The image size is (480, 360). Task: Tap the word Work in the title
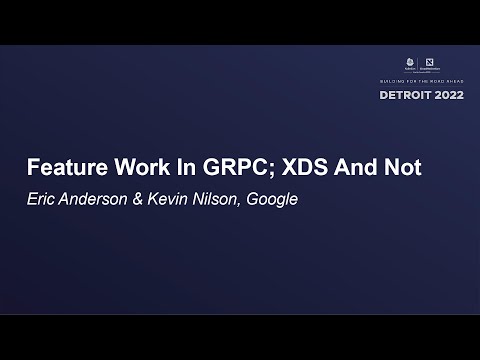click(143, 167)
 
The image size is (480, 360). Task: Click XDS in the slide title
click(313, 167)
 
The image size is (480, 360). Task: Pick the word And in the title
click(365, 167)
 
